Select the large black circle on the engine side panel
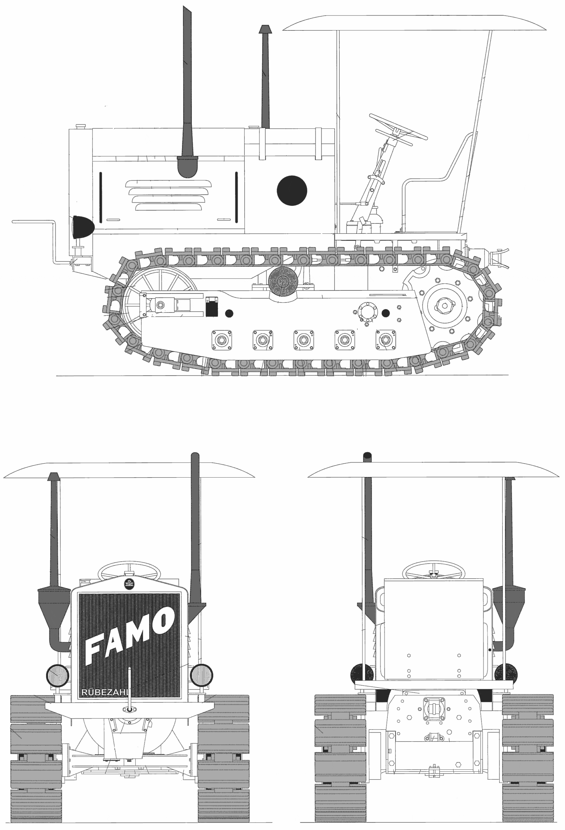pyautogui.click(x=292, y=191)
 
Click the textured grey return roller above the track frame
pyautogui.click(x=283, y=281)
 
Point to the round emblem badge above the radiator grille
pyautogui.click(x=128, y=584)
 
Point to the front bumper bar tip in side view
pyautogui.click(x=13, y=222)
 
